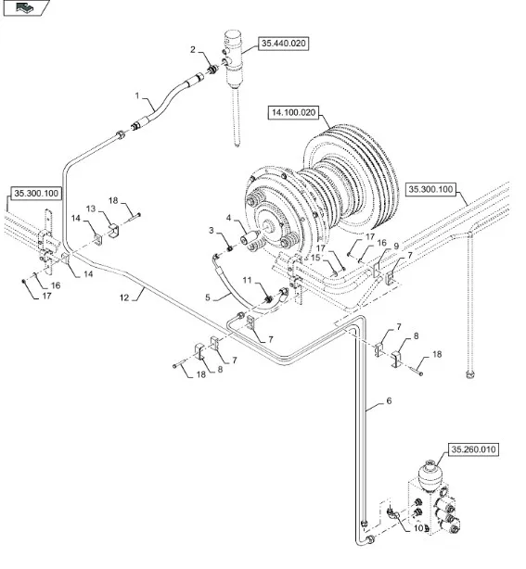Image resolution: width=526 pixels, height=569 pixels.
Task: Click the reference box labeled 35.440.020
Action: [283, 43]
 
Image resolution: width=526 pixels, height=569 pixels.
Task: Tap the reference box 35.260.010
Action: [473, 449]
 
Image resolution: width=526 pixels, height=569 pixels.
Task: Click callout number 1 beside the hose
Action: [136, 96]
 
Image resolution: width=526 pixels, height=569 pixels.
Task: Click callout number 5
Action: [210, 297]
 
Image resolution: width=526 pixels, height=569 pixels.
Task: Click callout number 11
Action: [247, 279]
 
